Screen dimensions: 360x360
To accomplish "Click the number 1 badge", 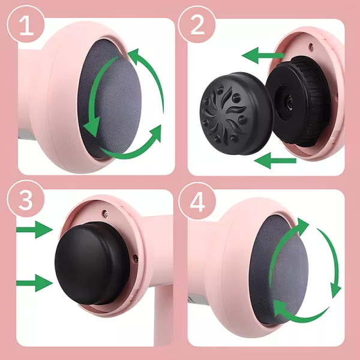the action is (26, 25).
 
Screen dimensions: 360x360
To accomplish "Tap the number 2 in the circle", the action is (197, 25).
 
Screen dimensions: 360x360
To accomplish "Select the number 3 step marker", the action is (26, 199).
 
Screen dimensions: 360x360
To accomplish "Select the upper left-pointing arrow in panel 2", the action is (263, 55).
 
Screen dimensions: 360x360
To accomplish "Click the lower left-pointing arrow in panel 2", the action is (275, 161).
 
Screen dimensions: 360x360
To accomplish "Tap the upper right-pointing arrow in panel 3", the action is (34, 229).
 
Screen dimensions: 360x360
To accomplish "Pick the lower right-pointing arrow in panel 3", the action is (34, 283).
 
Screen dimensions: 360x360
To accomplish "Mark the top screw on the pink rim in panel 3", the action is (106, 214).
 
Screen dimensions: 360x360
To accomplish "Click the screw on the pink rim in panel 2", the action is (311, 47).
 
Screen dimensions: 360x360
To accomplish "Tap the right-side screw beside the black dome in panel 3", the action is (136, 259).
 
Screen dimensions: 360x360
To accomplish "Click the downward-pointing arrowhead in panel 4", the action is (335, 290).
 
